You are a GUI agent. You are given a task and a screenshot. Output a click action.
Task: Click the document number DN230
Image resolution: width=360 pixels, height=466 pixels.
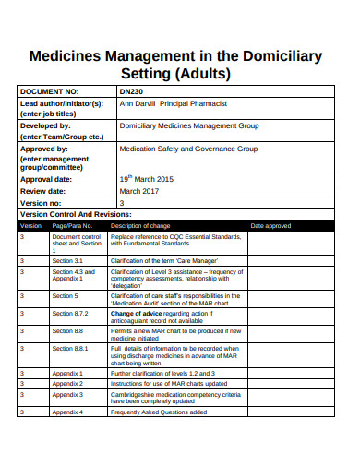[x=131, y=92]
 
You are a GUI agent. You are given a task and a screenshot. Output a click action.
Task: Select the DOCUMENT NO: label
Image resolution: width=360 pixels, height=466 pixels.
[x=50, y=92]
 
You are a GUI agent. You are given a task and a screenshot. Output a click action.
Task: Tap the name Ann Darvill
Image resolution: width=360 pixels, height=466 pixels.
[x=141, y=103]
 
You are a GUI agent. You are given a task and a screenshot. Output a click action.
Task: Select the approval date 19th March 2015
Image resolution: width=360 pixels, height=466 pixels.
[x=146, y=180]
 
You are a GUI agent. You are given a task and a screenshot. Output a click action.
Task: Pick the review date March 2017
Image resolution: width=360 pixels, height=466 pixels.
[x=139, y=191]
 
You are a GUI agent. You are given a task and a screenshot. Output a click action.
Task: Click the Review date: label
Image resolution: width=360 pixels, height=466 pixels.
[x=46, y=191]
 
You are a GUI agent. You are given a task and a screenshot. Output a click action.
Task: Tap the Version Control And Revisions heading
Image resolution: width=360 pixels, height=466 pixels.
[x=82, y=213]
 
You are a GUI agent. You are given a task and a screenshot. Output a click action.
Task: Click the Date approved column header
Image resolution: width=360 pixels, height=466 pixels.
[x=270, y=225]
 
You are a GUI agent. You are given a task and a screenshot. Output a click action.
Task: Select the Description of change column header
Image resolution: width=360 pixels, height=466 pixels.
[x=140, y=225]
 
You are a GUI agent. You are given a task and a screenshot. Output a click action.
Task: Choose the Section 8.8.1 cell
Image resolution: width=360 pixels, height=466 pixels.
[x=70, y=349]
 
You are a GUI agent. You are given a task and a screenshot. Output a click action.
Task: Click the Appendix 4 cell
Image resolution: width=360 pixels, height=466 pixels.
[x=68, y=412]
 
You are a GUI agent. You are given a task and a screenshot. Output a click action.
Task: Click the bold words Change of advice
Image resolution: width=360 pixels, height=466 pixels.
[x=137, y=313]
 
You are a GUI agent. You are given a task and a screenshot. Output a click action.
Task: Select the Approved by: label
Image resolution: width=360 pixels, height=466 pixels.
[x=45, y=148]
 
